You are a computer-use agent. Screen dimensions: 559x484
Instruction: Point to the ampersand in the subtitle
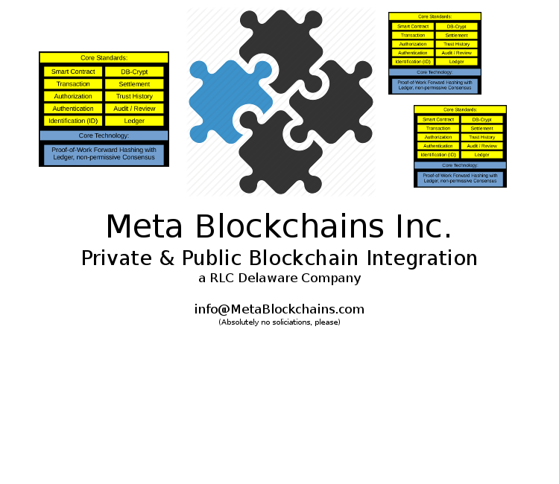[168, 258]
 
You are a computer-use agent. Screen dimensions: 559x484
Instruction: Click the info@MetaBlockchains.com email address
[279, 309]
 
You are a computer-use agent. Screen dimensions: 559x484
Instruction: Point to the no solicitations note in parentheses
[279, 322]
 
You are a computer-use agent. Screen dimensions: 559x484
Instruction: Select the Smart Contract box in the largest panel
[73, 72]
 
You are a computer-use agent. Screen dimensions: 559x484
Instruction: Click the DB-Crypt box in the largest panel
[134, 72]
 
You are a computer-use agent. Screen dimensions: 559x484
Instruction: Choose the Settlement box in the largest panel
[134, 84]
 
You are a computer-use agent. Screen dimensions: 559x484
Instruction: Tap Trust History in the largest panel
[134, 96]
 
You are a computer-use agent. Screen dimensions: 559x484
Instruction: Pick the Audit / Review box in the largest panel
[134, 109]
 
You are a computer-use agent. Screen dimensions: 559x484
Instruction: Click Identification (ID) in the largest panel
[73, 121]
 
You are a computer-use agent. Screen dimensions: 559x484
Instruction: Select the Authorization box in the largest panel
[73, 96]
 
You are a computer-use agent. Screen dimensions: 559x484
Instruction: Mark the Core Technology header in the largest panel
[104, 136]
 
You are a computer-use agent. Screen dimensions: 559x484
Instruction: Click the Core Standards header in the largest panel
[104, 57]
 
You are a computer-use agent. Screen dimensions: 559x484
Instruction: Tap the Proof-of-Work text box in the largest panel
[104, 153]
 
